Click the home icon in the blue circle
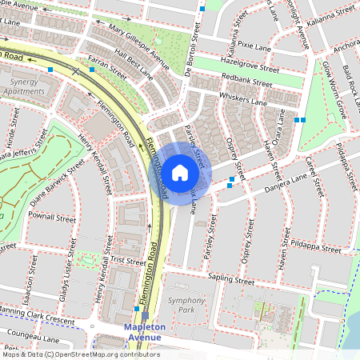point(180,172)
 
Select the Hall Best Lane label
point(134,63)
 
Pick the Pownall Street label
point(51,217)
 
